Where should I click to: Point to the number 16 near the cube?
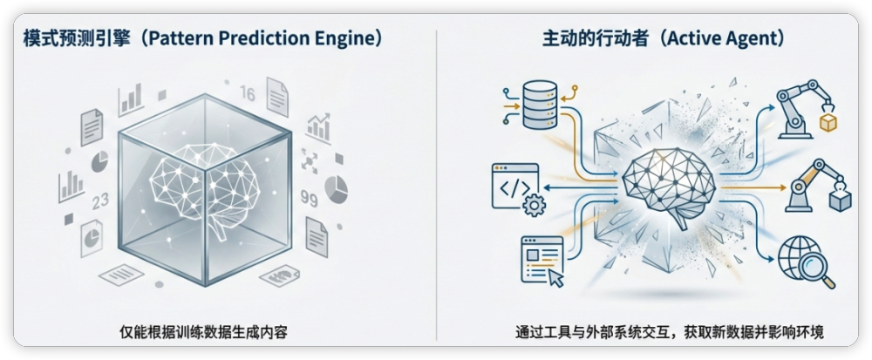pyautogui.click(x=246, y=94)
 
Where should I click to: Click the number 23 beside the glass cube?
pyautogui.click(x=100, y=201)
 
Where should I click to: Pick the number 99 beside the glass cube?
pyautogui.click(x=308, y=199)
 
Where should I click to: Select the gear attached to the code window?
pyautogui.click(x=535, y=205)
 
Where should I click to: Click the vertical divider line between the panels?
pyautogui.click(x=436, y=183)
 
